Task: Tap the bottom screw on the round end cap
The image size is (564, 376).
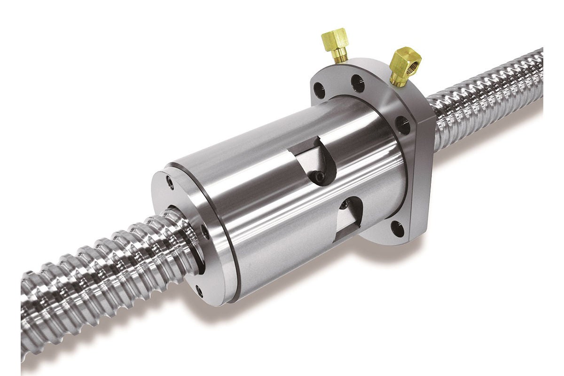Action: tap(200, 290)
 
